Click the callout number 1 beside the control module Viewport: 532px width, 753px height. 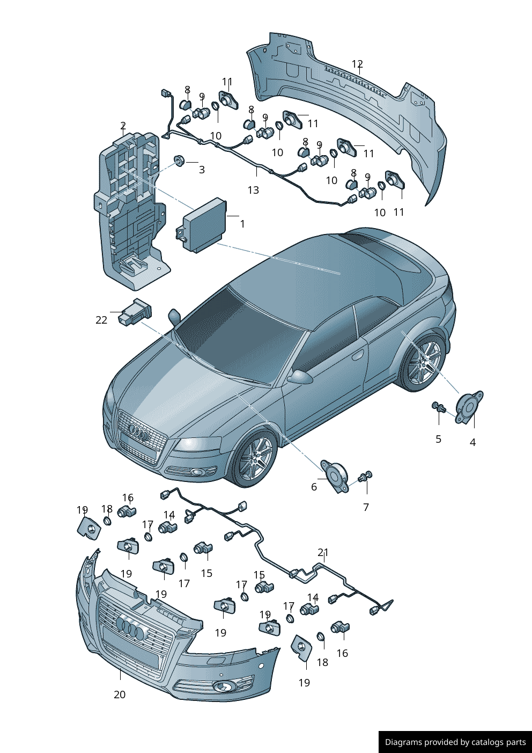point(242,224)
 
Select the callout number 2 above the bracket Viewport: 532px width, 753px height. point(123,126)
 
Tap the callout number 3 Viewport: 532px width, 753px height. point(202,170)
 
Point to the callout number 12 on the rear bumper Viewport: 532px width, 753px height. point(357,64)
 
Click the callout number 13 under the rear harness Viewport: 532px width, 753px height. point(254,191)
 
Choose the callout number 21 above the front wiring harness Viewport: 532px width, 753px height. point(323,552)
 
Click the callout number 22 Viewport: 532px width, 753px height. point(101,320)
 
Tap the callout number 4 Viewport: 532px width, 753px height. point(472,442)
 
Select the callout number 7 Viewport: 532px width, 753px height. point(366,507)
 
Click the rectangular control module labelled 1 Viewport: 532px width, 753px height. point(202,224)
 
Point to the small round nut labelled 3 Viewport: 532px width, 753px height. point(179,160)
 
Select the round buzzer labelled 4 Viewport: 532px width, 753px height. point(469,407)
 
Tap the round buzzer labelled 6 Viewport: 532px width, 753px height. point(334,477)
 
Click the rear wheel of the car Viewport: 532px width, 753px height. point(425,362)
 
